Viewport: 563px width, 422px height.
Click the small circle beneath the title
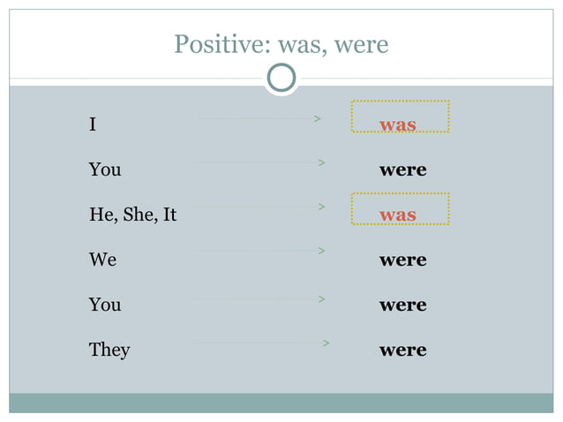click(281, 79)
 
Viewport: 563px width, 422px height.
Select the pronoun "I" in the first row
click(93, 124)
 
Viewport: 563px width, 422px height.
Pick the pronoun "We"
click(102, 260)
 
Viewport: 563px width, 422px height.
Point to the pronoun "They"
click(109, 350)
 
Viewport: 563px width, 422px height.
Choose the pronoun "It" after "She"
click(169, 215)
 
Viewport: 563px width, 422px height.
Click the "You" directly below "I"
click(105, 170)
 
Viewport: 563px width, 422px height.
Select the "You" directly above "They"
click(105, 305)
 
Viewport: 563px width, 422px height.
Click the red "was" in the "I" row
click(398, 124)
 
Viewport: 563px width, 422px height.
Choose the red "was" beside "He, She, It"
click(398, 215)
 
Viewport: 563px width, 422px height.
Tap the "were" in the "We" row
click(402, 260)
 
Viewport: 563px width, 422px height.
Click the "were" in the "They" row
click(402, 350)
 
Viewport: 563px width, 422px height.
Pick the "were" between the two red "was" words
click(402, 170)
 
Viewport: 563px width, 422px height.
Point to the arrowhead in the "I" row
click(317, 117)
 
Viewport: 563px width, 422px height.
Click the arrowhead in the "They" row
click(327, 343)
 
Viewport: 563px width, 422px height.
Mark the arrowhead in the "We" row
click(322, 252)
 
